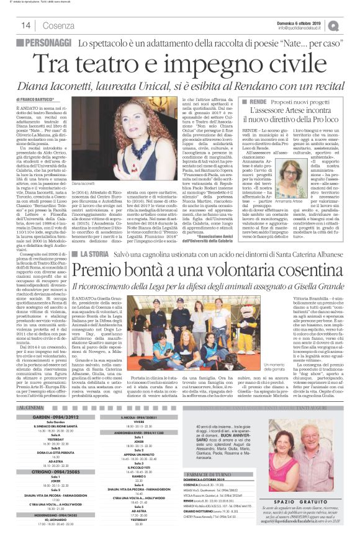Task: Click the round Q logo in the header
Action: click(x=351, y=25)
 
